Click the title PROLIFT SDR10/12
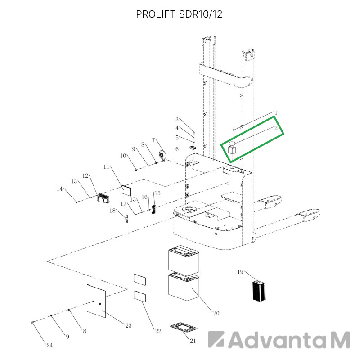pyautogui.click(x=179, y=14)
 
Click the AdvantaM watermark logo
pyautogui.click(x=279, y=340)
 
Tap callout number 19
pyautogui.click(x=240, y=272)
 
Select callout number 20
pyautogui.click(x=216, y=313)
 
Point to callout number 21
pyautogui.click(x=193, y=341)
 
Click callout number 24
pyautogui.click(x=49, y=345)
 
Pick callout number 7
pyautogui.click(x=153, y=140)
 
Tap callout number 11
pyautogui.click(x=106, y=166)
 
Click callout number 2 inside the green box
pyautogui.click(x=276, y=128)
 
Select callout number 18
pyautogui.click(x=112, y=211)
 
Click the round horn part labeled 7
pyautogui.click(x=163, y=155)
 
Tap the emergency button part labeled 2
pyautogui.click(x=232, y=149)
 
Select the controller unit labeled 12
pyautogui.click(x=103, y=198)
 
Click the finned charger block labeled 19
pyautogui.click(x=259, y=290)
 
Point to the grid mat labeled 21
pyautogui.click(x=184, y=328)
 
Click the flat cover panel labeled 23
pyautogui.click(x=96, y=301)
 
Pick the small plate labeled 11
pyautogui.click(x=126, y=190)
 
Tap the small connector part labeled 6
pyautogui.click(x=193, y=148)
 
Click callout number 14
pyautogui.click(x=60, y=189)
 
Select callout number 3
pyautogui.click(x=177, y=120)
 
